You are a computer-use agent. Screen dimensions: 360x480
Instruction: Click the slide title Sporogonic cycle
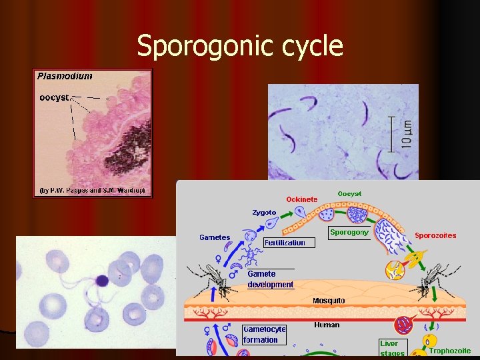[x=240, y=47]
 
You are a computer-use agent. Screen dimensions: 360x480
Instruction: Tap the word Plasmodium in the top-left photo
[x=65, y=76]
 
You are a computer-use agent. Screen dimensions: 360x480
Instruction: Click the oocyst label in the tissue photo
[x=55, y=97]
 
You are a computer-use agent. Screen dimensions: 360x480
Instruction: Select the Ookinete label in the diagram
[x=301, y=199]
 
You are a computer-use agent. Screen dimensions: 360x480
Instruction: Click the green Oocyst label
[x=349, y=193]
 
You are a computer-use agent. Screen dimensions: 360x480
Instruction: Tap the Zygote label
[x=264, y=213]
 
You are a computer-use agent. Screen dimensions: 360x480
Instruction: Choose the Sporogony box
[x=349, y=233]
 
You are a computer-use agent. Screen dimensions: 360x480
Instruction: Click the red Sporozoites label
[x=435, y=235]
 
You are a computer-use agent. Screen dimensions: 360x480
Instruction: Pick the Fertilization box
[x=285, y=243]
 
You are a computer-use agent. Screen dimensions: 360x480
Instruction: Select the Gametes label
[x=215, y=237]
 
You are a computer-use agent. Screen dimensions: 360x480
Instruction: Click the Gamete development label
[x=270, y=279]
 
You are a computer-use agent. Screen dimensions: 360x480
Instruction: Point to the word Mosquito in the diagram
[x=329, y=301]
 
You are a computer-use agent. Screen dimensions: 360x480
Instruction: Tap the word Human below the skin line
[x=327, y=325]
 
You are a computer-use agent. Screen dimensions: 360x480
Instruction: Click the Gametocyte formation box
[x=265, y=334]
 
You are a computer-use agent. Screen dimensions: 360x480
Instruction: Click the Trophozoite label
[x=449, y=351]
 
